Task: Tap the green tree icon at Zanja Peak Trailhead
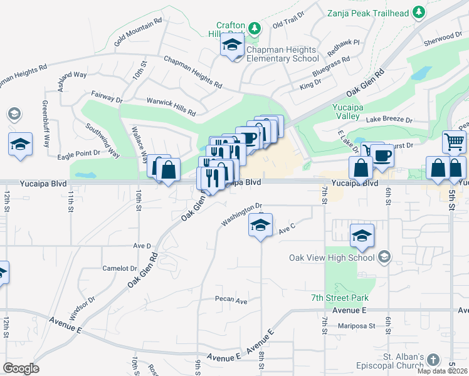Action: [418, 13]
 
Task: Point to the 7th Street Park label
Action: [340, 298]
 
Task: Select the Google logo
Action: [21, 368]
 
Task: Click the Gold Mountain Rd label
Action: [138, 31]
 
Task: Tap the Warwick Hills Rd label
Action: [171, 108]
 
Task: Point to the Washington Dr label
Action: [241, 214]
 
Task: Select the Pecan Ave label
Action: [231, 300]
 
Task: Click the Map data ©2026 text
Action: [442, 370]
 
